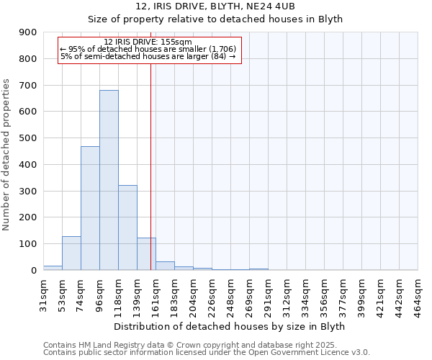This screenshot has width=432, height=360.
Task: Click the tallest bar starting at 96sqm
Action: coord(109,180)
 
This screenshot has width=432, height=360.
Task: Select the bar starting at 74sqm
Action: coord(90,208)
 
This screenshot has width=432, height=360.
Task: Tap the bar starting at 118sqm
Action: coord(127,228)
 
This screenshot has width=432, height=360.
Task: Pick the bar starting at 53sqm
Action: coord(71,253)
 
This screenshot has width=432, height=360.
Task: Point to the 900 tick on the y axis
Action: coord(28,32)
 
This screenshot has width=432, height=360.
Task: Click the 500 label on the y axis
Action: coord(28,138)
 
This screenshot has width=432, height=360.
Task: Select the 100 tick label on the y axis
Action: coord(28,244)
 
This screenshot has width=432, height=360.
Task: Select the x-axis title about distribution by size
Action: coord(230,326)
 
